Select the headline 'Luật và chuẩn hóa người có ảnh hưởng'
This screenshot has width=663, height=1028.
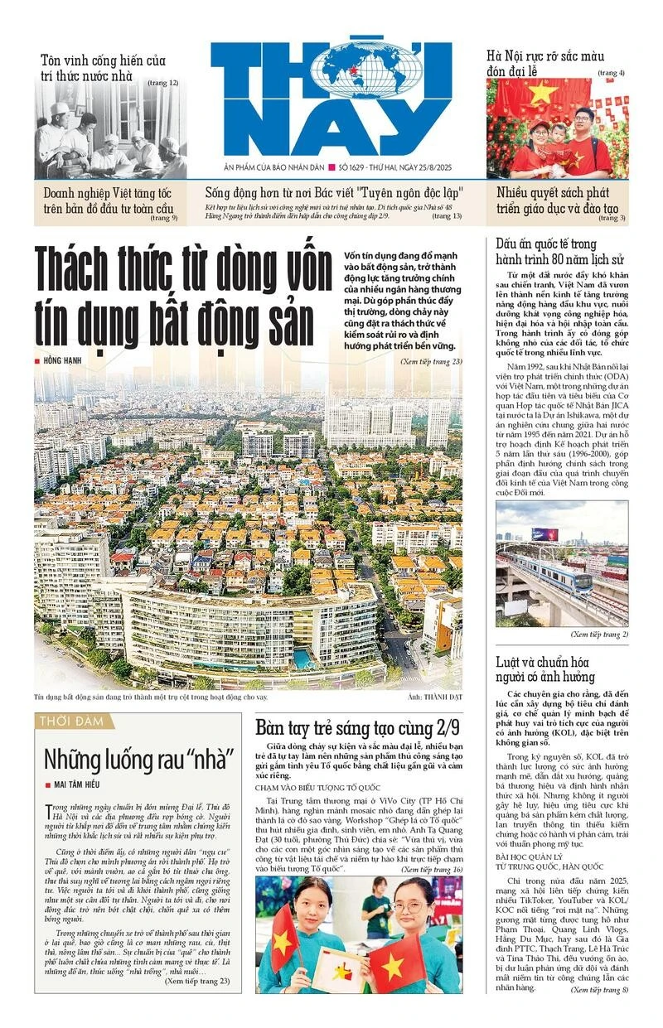(544, 668)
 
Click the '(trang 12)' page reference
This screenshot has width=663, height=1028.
(163, 83)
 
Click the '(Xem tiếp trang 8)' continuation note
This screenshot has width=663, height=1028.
(600, 989)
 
